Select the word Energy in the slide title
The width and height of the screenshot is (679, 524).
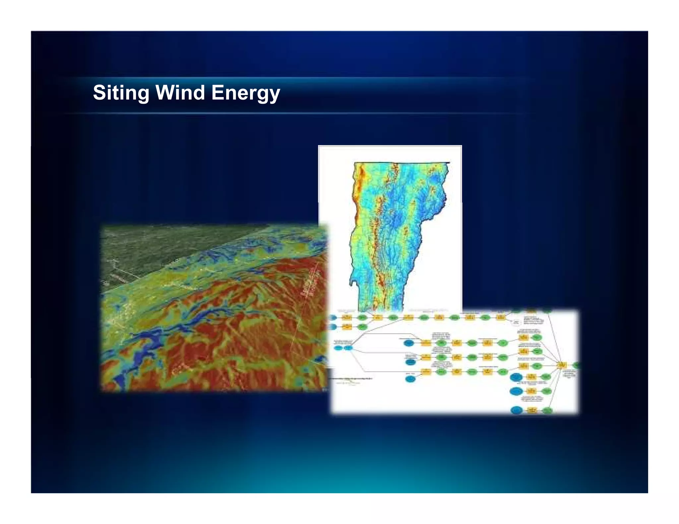click(246, 93)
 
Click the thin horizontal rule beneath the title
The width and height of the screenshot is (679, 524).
click(292, 113)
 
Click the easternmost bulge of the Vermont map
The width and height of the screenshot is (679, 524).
click(445, 199)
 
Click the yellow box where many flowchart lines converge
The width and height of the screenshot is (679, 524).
click(561, 365)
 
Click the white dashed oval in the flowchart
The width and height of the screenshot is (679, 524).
click(516, 322)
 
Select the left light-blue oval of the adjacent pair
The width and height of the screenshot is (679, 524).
click(338, 348)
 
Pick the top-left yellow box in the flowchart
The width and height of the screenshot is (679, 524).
click(347, 318)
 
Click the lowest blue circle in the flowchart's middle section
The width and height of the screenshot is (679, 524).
click(410, 379)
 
